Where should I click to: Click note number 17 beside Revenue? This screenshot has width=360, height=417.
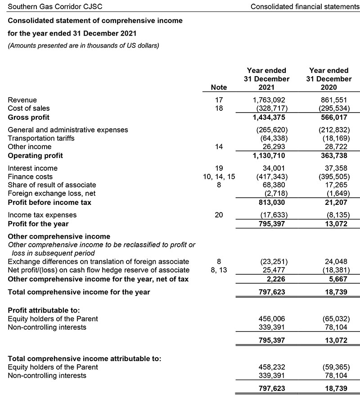pos(219,100)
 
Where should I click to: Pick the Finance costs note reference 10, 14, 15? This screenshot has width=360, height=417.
pos(219,177)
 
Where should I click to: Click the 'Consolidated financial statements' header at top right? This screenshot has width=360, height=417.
pos(305,7)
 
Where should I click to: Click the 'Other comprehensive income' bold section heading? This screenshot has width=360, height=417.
pos(59,236)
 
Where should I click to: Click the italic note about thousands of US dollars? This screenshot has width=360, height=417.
pos(83,45)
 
